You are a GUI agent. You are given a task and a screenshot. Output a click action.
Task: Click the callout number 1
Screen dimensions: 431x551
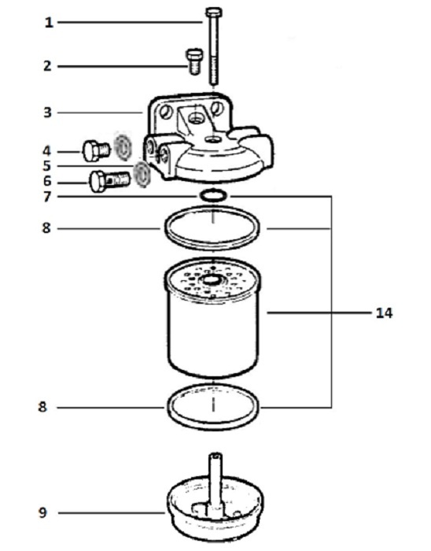click(49, 23)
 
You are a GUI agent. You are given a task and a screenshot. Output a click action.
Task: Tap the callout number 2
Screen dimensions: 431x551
click(47, 66)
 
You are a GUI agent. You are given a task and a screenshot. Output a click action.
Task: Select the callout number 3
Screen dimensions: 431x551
click(47, 113)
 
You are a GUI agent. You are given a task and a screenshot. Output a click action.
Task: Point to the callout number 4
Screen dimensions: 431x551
click(46, 151)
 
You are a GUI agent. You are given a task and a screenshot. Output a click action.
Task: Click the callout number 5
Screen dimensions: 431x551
click(46, 166)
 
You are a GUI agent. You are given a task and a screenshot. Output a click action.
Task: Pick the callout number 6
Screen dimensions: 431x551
click(47, 181)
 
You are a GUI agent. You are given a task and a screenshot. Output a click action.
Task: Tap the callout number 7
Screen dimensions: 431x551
click(47, 197)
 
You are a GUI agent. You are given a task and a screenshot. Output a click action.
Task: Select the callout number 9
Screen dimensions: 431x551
click(42, 512)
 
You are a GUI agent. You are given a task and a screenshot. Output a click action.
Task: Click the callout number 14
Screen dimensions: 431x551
click(385, 312)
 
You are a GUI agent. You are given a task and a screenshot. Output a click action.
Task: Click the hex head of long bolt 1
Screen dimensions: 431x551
click(213, 13)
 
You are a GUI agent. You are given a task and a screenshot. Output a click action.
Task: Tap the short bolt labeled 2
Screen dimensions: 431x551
click(194, 61)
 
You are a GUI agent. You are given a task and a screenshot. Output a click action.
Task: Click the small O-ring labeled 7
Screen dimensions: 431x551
click(213, 195)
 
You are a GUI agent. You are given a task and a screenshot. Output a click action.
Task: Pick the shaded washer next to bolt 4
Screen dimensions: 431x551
click(123, 146)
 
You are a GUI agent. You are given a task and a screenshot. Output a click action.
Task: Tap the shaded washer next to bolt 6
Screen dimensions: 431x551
click(142, 175)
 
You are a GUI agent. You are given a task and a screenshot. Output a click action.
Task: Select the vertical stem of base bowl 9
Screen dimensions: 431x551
click(215, 481)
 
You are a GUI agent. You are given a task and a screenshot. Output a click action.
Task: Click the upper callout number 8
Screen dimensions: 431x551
click(46, 228)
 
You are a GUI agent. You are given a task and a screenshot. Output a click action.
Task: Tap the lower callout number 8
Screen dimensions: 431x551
click(42, 407)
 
